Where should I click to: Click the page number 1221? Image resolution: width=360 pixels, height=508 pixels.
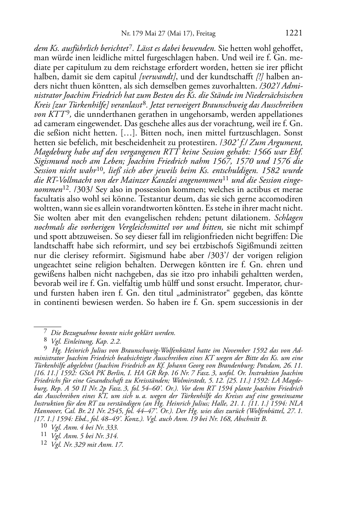(294, 33)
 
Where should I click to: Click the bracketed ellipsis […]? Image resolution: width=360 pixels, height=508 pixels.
(177, 133)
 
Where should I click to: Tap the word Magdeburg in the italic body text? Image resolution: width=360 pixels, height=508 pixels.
(53, 152)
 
